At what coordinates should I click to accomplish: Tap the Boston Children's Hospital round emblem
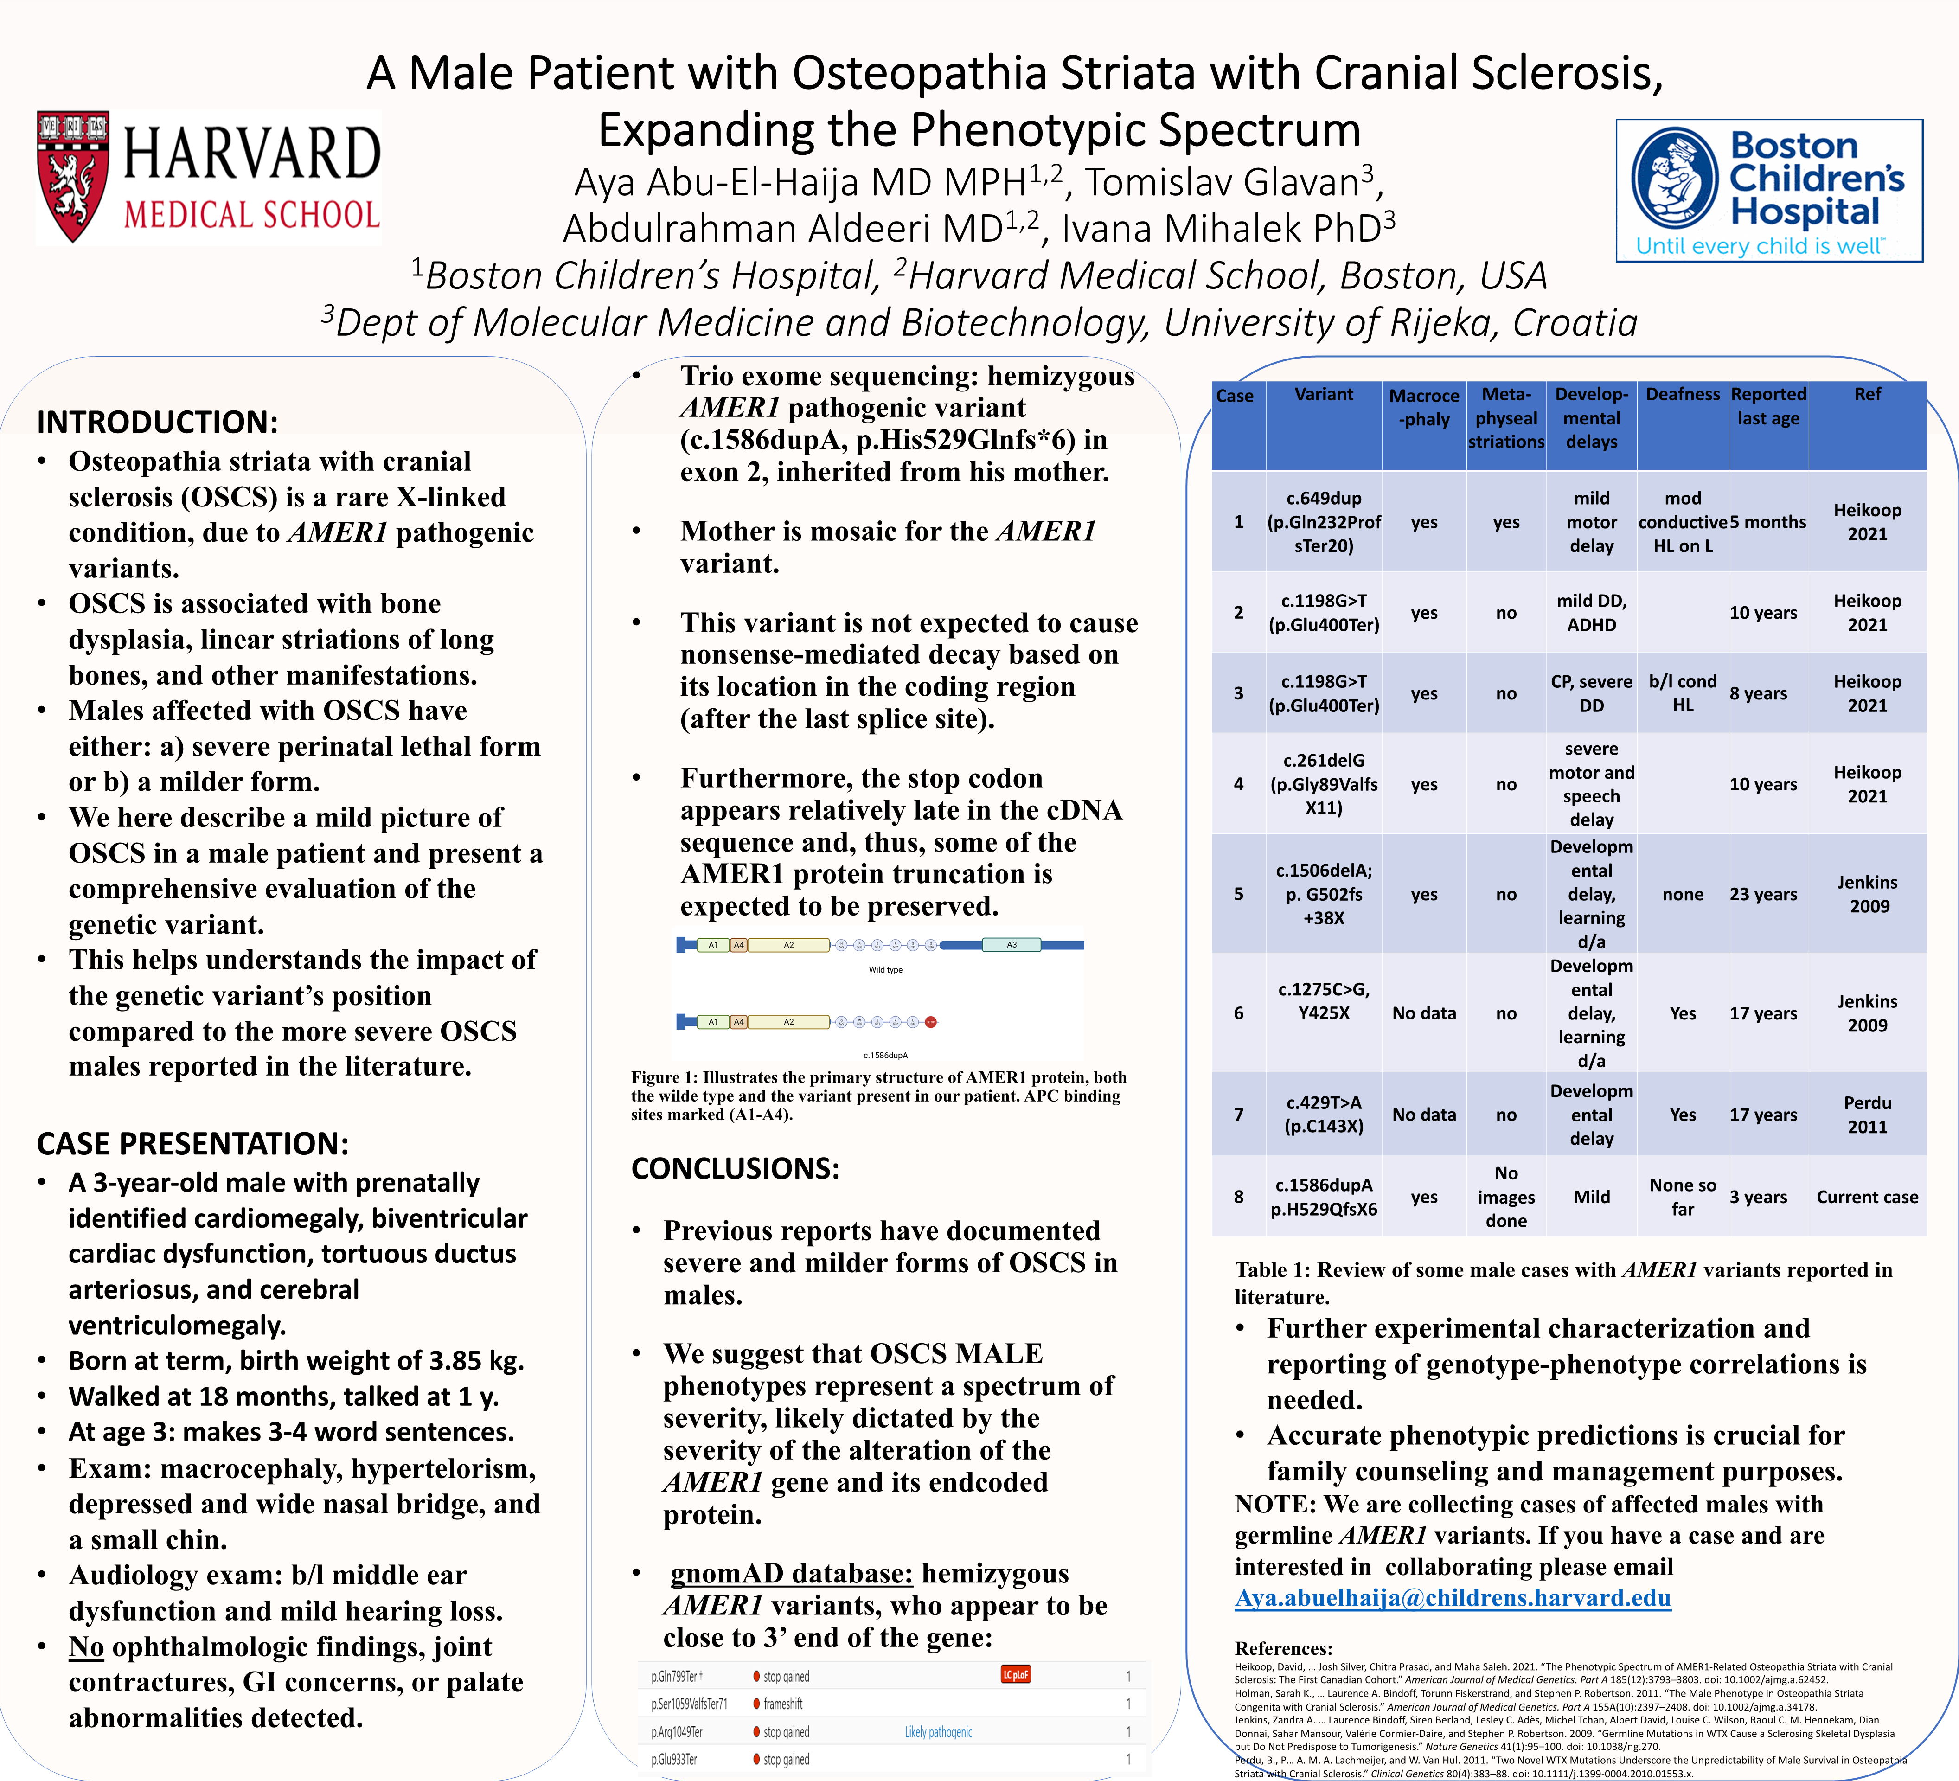pos(1674,178)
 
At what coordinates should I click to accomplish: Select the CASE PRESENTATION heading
pos(192,1144)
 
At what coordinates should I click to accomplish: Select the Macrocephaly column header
pos(1424,407)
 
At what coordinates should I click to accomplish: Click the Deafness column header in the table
pos(1682,395)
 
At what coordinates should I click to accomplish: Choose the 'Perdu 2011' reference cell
pos(1867,1115)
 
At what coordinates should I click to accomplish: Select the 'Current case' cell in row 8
pos(1867,1197)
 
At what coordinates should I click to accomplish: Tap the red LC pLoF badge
pos(1016,1674)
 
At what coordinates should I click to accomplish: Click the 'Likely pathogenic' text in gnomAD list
pos(938,1731)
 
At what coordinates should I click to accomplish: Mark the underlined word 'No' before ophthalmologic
pos(86,1647)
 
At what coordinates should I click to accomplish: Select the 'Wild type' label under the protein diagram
pos(885,970)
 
